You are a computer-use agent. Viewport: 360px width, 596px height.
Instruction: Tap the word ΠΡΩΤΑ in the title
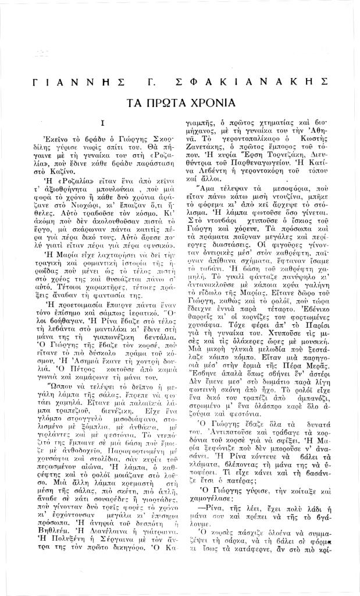click(165, 104)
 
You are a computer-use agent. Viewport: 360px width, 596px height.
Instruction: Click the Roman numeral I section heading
click(102, 123)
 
